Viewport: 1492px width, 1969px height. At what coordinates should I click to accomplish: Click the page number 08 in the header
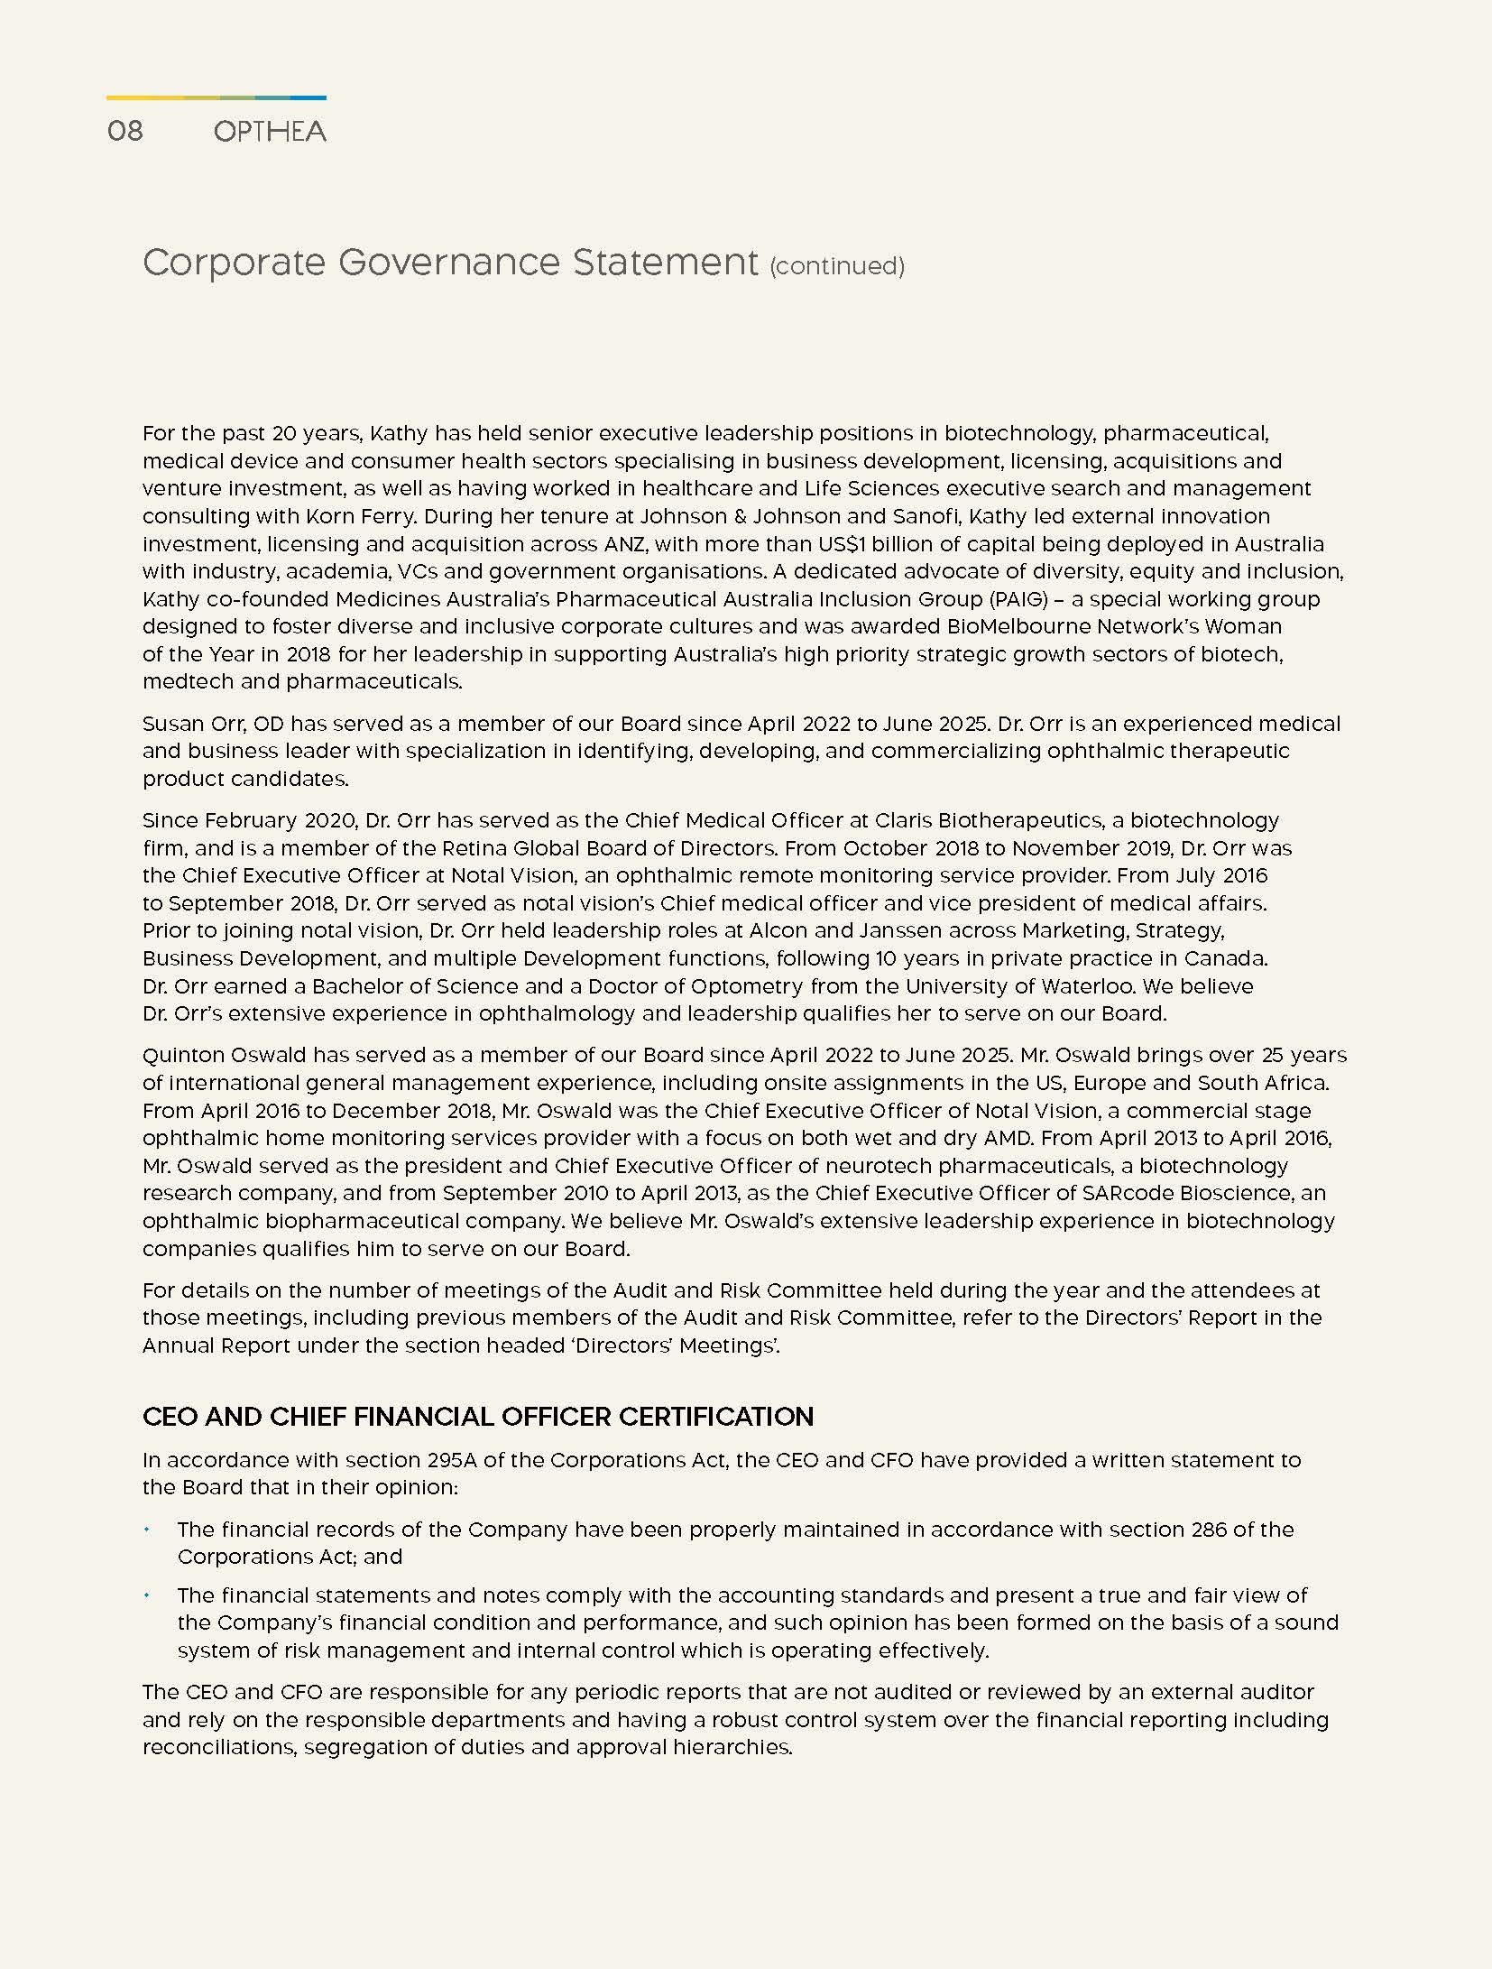click(124, 132)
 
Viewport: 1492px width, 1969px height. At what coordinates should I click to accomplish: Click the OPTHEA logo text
click(270, 132)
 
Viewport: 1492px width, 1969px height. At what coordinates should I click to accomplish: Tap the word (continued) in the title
click(836, 266)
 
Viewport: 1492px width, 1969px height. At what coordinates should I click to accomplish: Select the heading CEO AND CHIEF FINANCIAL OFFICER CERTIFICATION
click(478, 1417)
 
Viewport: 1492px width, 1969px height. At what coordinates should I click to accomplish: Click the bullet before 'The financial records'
click(147, 1530)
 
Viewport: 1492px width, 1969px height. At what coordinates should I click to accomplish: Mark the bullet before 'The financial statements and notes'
click(147, 1595)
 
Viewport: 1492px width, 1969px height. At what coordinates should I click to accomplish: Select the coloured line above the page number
click(216, 97)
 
